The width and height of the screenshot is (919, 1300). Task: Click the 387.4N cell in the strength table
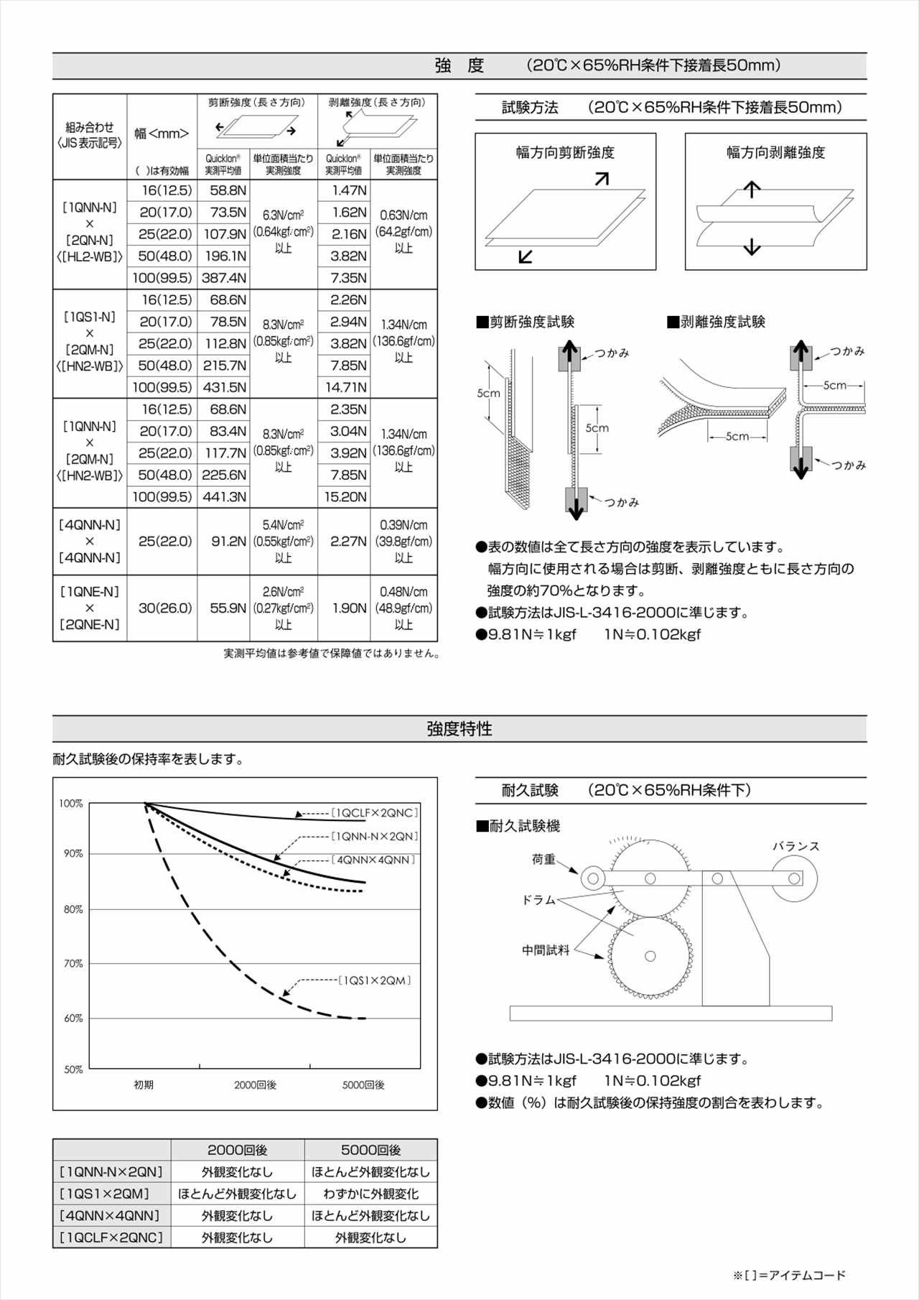pos(224,278)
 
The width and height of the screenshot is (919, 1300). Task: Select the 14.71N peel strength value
pos(345,388)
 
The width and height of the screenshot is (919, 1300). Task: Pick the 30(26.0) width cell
pos(165,608)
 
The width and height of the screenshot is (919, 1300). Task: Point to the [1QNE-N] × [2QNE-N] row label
pos(90,608)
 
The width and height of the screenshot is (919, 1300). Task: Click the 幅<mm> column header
pos(162,134)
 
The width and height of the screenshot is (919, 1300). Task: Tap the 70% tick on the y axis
pos(73,964)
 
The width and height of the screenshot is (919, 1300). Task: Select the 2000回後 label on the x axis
pos(255,1085)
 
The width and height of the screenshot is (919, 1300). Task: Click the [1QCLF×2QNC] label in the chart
pos(374,813)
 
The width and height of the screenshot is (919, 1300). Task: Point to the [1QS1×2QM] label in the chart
pos(374,980)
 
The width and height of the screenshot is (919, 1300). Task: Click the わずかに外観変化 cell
pos(370,1194)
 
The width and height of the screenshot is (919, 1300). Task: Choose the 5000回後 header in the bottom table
pos(370,1150)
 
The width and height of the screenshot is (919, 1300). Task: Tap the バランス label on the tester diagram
pos(796,846)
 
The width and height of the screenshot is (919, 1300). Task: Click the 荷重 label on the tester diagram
pos(544,860)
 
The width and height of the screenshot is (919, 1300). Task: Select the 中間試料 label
pos(546,950)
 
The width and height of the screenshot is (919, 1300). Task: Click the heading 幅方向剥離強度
pos(775,152)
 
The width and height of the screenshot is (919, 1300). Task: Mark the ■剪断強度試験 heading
pos(526,322)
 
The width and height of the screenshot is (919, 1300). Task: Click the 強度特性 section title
pos(459,729)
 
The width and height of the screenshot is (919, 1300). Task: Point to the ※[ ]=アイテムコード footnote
pos(789,1276)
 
